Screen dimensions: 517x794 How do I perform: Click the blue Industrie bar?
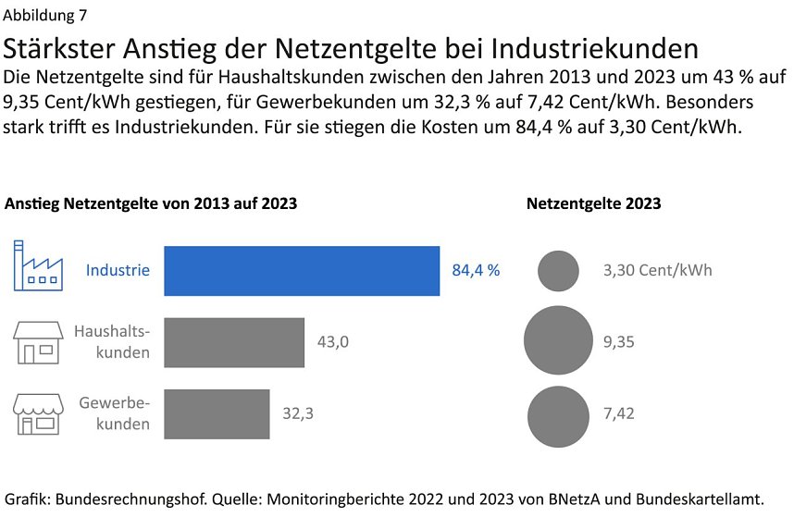tap(301, 271)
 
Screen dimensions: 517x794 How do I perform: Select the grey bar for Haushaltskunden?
tap(234, 342)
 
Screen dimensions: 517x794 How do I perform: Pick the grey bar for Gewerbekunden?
tap(217, 413)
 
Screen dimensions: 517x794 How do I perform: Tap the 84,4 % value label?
tap(476, 271)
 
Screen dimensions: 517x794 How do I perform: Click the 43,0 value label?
tap(333, 342)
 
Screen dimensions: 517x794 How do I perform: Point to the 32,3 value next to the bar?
tap(298, 413)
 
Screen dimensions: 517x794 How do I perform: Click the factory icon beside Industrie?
tap(38, 265)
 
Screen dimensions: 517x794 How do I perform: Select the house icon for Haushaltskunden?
tap(38, 341)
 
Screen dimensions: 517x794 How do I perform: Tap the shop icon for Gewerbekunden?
tap(38, 412)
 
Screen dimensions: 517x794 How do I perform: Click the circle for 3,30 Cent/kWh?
tap(558, 271)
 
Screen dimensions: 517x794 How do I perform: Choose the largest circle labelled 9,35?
tap(558, 341)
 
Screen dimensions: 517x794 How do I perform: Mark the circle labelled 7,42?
tap(558, 413)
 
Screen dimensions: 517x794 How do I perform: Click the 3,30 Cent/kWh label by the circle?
tap(657, 271)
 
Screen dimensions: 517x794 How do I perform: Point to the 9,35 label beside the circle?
tap(618, 342)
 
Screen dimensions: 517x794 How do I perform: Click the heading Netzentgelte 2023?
tap(593, 203)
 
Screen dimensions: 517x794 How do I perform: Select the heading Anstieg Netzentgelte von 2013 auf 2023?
tap(151, 203)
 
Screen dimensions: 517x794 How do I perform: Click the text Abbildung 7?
tap(48, 15)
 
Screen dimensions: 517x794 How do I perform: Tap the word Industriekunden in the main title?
tap(594, 48)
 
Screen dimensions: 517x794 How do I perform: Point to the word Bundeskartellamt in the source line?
tap(701, 499)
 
